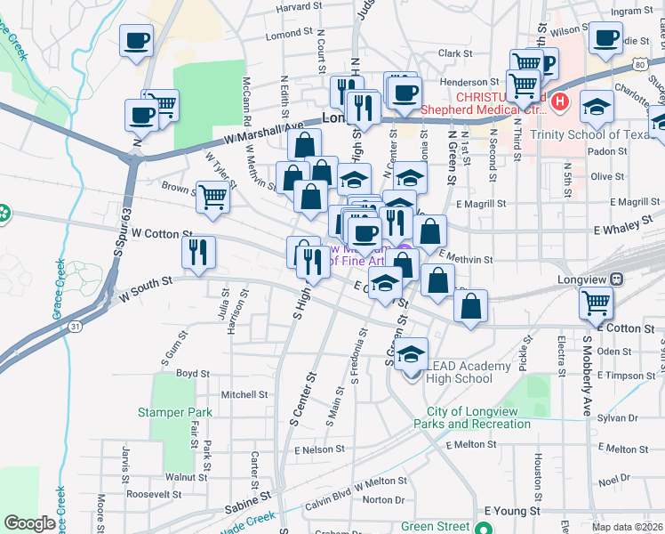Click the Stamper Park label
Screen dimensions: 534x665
pos(175,412)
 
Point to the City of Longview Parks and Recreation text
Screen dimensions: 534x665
pos(478,417)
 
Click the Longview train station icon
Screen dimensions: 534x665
pos(618,277)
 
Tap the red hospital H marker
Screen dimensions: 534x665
pos(559,101)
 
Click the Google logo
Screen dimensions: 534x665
pos(29,523)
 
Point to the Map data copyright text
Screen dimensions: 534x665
pos(628,527)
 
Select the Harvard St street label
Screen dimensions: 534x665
pos(298,7)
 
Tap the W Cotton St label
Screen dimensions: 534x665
pos(162,233)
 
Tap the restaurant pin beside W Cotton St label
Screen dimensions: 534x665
pos(198,252)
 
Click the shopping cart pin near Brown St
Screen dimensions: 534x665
pos(212,197)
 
